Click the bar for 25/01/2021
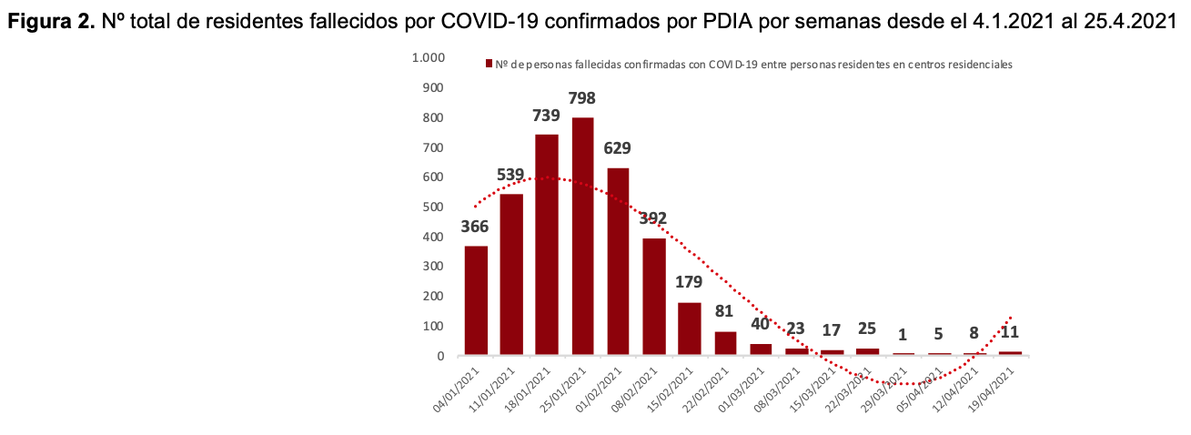582,236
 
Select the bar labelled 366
476,299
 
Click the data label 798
582,97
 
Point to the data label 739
546,115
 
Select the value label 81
724,312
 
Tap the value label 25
867,328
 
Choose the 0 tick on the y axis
439,356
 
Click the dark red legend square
489,64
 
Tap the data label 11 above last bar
1010,333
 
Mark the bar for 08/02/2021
653,296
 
